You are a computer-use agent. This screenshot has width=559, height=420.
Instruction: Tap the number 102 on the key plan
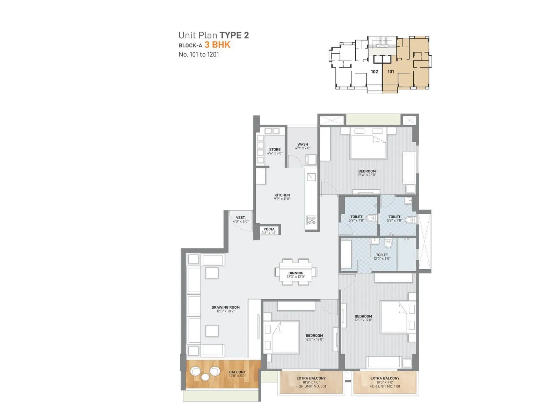(375, 72)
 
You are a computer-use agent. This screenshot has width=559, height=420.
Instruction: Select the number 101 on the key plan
(391, 72)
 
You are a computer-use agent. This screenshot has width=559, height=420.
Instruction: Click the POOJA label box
(269, 231)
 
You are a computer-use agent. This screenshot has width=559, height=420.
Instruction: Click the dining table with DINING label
(296, 272)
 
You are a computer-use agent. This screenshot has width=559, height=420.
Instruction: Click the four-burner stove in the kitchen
(311, 220)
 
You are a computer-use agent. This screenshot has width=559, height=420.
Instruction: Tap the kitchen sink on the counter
(311, 177)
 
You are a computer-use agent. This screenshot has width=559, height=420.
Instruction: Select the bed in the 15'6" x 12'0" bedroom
(368, 144)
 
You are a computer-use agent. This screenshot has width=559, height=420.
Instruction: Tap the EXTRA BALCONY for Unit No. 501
(311, 382)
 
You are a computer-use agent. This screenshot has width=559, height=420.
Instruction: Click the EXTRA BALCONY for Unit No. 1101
(385, 382)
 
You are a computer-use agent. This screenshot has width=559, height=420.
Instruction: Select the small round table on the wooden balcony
(205, 377)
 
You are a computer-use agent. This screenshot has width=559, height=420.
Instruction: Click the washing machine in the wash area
(311, 160)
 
